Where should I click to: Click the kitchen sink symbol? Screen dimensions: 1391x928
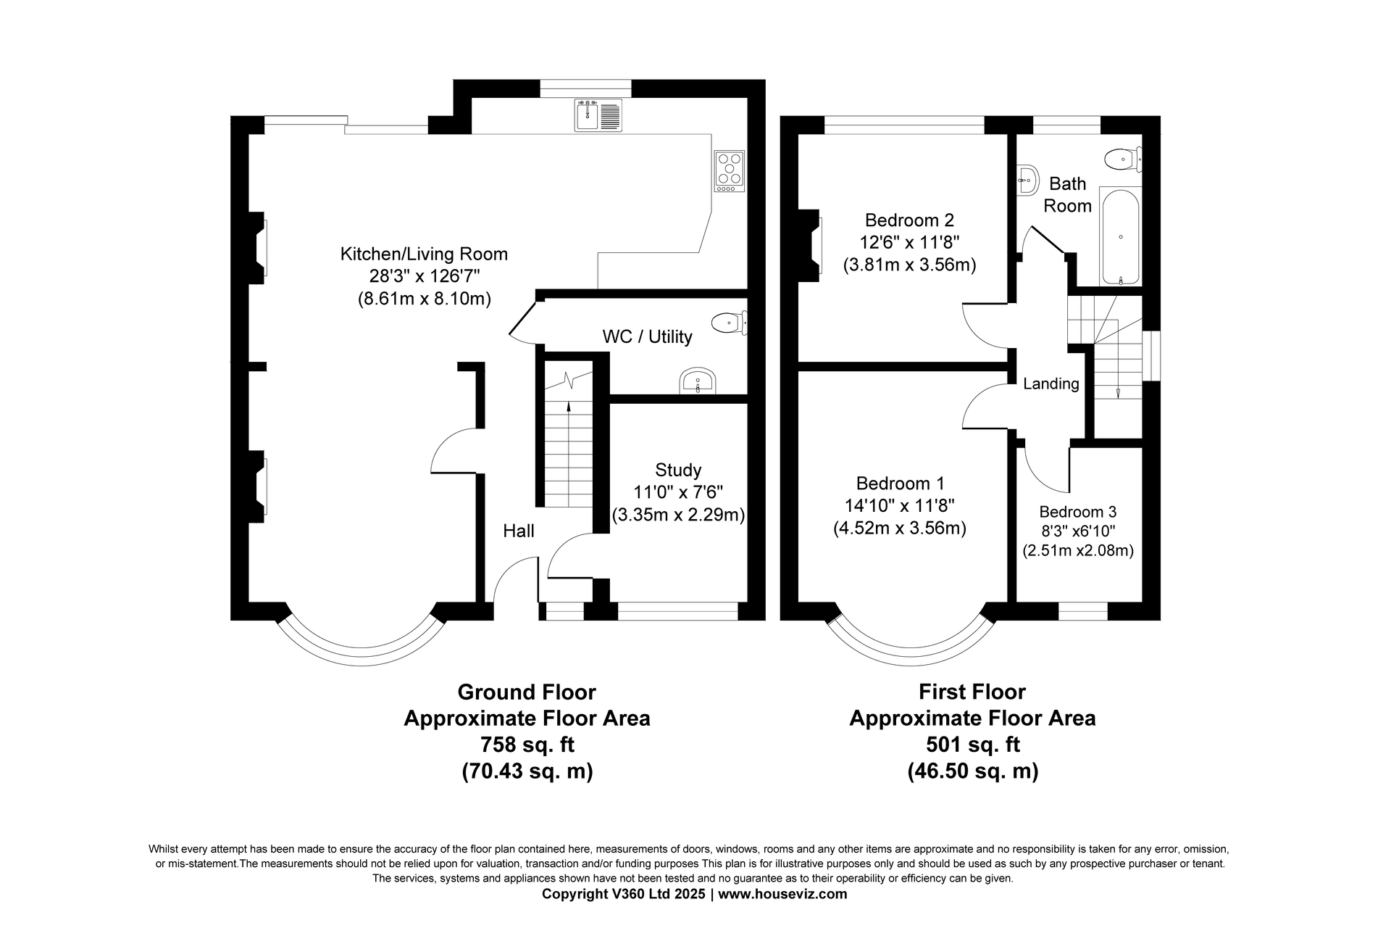click(x=598, y=115)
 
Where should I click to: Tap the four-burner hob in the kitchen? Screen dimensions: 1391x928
click(x=730, y=171)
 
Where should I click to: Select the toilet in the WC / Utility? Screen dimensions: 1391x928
click(x=729, y=323)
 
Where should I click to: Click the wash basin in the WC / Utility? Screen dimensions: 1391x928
click(x=698, y=382)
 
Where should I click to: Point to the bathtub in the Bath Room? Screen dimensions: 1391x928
click(x=1120, y=237)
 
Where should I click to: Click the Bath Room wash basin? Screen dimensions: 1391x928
click(x=1026, y=178)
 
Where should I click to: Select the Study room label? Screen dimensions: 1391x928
click(x=678, y=470)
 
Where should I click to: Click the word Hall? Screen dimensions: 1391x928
click(x=519, y=531)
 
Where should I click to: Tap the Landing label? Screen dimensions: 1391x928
click(x=1051, y=384)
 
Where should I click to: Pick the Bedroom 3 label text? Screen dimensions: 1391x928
click(x=1078, y=512)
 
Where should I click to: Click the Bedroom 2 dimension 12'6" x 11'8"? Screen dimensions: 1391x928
click(x=909, y=242)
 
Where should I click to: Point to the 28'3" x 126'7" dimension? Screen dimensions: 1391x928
click(x=424, y=276)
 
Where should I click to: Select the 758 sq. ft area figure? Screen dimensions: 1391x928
click(x=527, y=745)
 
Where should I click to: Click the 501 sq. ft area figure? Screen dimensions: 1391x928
click(x=973, y=745)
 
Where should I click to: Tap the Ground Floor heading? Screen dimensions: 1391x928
click(x=527, y=692)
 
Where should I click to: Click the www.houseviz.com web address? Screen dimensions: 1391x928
click(x=782, y=894)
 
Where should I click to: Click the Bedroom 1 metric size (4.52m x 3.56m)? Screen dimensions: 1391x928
click(x=900, y=528)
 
